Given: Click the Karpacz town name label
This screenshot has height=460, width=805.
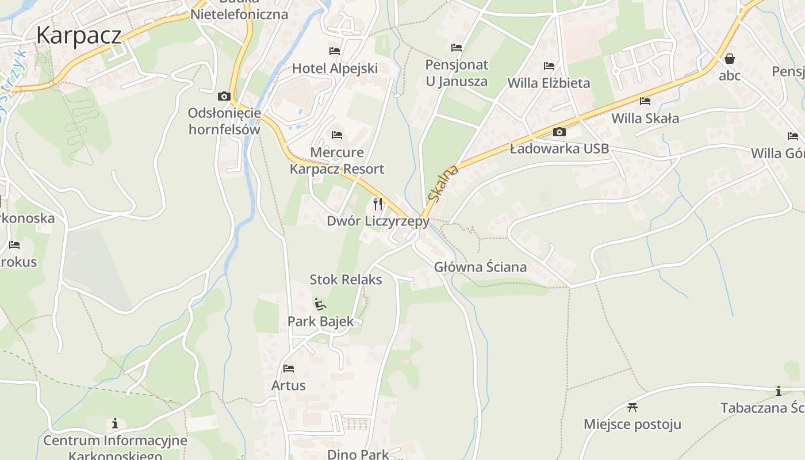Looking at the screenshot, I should [x=78, y=36].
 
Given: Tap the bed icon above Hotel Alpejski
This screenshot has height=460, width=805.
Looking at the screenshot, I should [x=335, y=51].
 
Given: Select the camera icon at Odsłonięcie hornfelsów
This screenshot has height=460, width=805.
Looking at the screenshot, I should [x=224, y=96].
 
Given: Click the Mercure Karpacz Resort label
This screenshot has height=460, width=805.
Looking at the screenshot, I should [x=337, y=161].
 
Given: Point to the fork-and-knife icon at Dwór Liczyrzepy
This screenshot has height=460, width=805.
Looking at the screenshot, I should [x=378, y=204].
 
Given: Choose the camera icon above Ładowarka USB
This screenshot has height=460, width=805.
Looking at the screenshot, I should [x=559, y=132].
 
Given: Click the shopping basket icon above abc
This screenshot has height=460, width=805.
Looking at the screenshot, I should [x=730, y=59].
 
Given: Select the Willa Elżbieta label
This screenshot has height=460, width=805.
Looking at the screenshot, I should [x=549, y=83].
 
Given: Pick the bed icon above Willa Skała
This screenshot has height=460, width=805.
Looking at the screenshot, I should [x=645, y=101].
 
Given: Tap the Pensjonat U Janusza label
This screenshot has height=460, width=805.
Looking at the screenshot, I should [x=457, y=73].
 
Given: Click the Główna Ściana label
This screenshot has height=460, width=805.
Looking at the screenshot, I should [x=480, y=267].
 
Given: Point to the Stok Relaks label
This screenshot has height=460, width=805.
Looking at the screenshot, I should [x=346, y=280].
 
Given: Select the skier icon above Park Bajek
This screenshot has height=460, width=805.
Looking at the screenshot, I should [x=320, y=304].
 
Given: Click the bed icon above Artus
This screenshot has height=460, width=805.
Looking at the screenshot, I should [x=289, y=368].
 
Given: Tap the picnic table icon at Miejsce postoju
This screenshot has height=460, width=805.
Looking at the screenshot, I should [x=632, y=408].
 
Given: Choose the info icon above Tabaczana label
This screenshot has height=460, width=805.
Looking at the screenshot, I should [x=779, y=392].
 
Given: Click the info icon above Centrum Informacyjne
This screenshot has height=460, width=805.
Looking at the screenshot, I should [x=115, y=424].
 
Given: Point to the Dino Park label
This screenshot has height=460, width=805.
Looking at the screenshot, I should [x=358, y=454].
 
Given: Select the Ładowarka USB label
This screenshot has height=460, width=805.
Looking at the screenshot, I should [x=559, y=149].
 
